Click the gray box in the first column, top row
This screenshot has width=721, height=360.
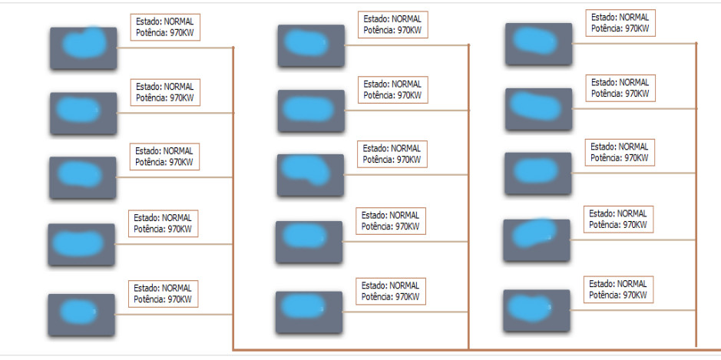tap(83, 48)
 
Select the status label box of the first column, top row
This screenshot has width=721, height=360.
tap(165, 27)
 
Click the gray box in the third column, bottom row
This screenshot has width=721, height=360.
tap(537, 310)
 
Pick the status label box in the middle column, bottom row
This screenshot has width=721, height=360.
tap(391, 291)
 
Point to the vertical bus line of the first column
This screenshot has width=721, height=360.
tap(233, 198)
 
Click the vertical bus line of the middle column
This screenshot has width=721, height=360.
tap(468, 197)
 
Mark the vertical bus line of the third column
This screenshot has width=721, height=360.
tap(696, 194)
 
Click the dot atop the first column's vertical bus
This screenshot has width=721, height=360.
tap(233, 48)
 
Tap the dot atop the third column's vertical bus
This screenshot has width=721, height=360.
tap(696, 43)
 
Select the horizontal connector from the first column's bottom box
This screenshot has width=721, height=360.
tap(174, 315)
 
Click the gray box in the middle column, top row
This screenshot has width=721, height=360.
tap(311, 45)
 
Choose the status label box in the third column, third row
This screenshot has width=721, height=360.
tap(620, 153)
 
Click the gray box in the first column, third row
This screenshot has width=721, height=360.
tap(83, 177)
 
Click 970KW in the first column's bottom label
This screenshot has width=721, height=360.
tap(180, 299)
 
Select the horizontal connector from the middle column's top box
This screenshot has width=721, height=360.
tap(406, 45)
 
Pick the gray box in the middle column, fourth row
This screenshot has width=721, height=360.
tap(309, 242)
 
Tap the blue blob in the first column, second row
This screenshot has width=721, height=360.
tap(78, 110)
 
